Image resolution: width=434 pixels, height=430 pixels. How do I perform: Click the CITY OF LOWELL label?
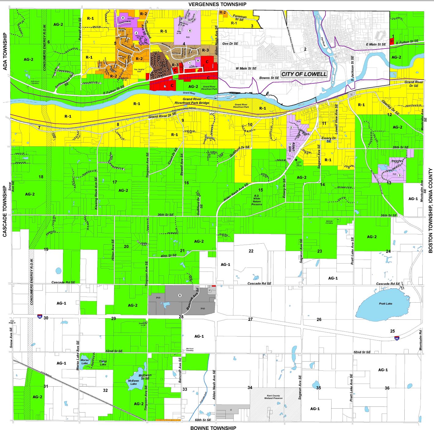304,74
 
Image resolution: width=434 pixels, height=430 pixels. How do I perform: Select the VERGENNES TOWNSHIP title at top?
217,4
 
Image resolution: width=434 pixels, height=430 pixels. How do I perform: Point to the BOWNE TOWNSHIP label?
213,428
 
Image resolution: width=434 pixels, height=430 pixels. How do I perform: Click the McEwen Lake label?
134,382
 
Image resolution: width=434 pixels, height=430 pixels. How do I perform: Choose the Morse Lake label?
85,362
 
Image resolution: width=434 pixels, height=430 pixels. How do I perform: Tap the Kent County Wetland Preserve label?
273,397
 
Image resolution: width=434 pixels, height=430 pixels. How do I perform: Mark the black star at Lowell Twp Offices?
296,160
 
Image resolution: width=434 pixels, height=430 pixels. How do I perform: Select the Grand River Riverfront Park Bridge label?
192,101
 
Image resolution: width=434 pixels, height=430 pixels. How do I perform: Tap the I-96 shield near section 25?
397,338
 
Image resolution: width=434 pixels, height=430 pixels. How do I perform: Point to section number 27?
250,319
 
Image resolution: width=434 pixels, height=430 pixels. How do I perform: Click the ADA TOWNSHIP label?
5,52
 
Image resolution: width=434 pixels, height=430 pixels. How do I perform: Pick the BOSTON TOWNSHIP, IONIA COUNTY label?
430,211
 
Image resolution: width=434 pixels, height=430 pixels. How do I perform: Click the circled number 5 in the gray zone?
180,295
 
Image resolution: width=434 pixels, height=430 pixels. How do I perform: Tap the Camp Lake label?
103,363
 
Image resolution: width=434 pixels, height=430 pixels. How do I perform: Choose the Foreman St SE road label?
239,18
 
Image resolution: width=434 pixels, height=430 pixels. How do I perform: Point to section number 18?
41,177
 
